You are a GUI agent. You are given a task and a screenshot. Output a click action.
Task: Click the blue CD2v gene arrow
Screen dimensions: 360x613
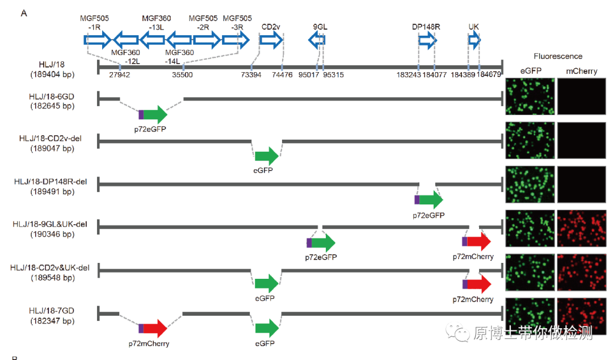[271, 40]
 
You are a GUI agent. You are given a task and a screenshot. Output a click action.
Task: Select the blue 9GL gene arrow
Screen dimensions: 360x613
[317, 40]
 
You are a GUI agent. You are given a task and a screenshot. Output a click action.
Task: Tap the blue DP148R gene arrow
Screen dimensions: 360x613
[427, 40]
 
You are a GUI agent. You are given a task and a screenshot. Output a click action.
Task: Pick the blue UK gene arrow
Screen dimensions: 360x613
[475, 40]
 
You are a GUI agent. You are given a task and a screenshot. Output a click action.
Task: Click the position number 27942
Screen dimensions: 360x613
[119, 74]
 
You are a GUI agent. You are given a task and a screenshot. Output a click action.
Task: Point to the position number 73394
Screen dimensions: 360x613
[251, 74]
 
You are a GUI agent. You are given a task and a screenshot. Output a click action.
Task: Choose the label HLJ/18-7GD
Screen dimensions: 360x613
[52, 311]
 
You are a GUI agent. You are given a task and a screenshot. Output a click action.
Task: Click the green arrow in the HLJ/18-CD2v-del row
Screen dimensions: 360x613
[267, 156]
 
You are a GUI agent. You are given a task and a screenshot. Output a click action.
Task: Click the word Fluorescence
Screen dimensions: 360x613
[558, 56]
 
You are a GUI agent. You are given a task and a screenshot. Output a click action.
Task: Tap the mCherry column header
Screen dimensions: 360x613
[582, 70]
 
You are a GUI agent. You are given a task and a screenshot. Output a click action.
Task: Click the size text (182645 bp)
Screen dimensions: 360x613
[52, 106]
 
